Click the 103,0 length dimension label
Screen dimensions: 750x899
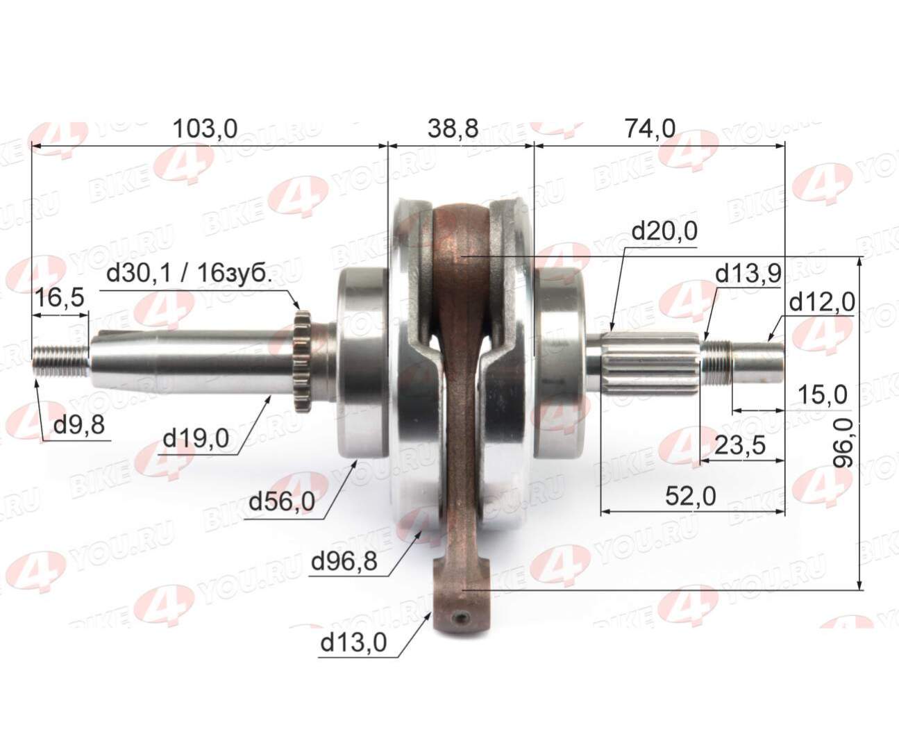(x=205, y=128)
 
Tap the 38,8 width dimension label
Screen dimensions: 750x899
(x=453, y=128)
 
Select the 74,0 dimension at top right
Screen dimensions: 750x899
(x=650, y=128)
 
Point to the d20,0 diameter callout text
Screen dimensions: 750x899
(x=664, y=232)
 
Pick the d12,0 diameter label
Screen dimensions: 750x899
(x=822, y=302)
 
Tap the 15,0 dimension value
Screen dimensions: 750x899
(x=822, y=395)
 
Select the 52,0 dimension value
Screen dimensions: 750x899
(x=690, y=496)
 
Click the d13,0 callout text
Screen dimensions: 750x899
(x=353, y=643)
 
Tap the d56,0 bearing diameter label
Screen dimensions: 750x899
(x=282, y=501)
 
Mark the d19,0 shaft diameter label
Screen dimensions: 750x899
(x=195, y=438)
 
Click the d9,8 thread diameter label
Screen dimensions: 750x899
(x=79, y=424)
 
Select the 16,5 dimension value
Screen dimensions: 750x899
(x=59, y=298)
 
